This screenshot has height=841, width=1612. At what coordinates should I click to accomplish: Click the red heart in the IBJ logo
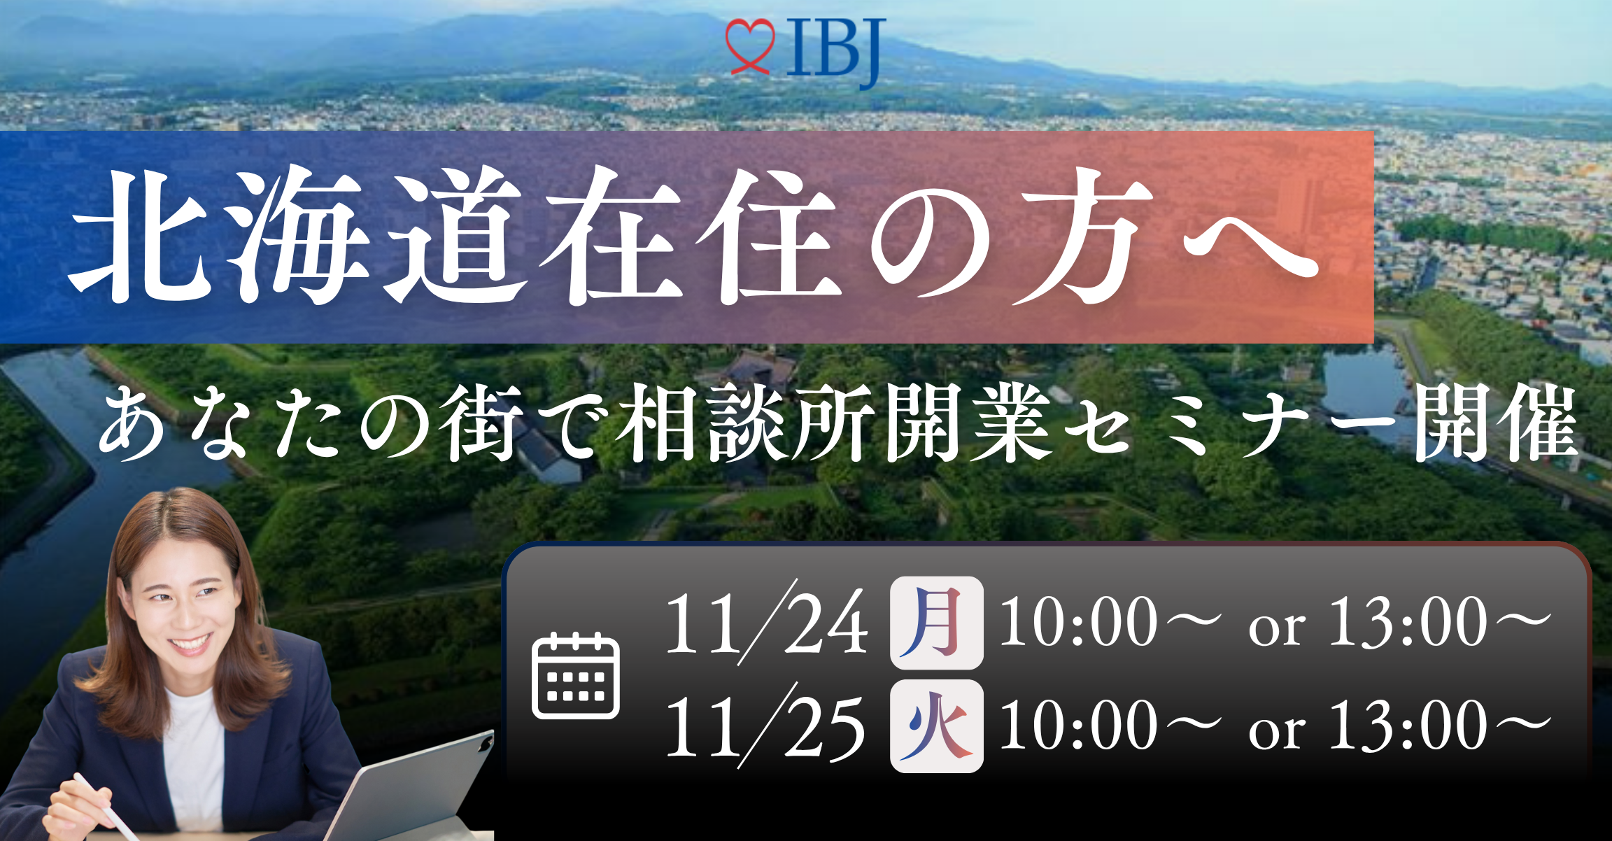749,46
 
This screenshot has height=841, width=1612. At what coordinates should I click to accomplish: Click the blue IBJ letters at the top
836,50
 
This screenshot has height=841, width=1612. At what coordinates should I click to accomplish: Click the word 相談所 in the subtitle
744,424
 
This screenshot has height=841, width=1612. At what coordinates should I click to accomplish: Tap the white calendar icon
576,674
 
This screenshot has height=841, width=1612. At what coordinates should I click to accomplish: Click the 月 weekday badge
936,623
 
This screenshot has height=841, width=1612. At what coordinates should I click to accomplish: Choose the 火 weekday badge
936,726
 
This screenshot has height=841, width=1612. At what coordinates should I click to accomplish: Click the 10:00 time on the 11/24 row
1078,621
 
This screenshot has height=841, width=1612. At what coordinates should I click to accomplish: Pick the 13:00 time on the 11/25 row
1408,725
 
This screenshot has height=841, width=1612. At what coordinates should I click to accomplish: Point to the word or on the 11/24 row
1276,628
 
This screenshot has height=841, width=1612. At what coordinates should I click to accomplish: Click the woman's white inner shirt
193,756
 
